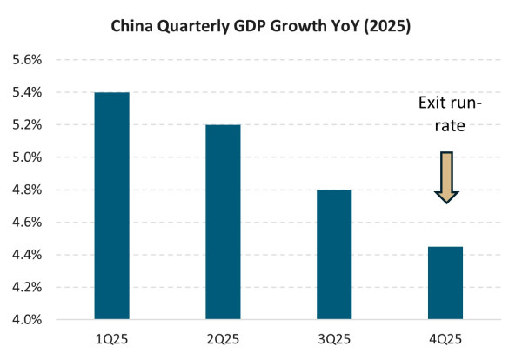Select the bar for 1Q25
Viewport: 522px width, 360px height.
coord(111,206)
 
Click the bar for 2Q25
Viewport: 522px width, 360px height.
coord(223,222)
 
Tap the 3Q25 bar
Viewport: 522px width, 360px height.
coord(334,255)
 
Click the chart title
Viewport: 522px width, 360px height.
coord(261,26)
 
